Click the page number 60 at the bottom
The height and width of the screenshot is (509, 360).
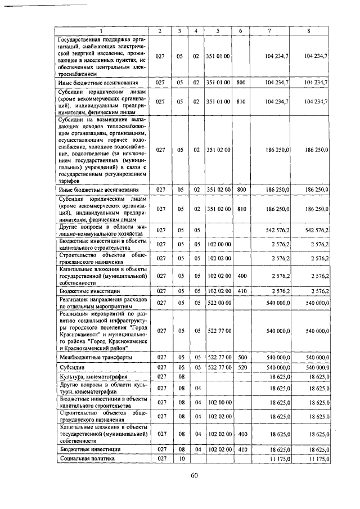point(194,475)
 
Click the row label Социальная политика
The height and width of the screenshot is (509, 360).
point(87,459)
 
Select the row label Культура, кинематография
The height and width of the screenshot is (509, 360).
point(93,376)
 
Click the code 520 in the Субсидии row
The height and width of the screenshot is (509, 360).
point(241,367)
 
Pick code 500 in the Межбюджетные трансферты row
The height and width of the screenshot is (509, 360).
point(241,357)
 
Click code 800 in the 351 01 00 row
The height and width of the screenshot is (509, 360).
point(241,82)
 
